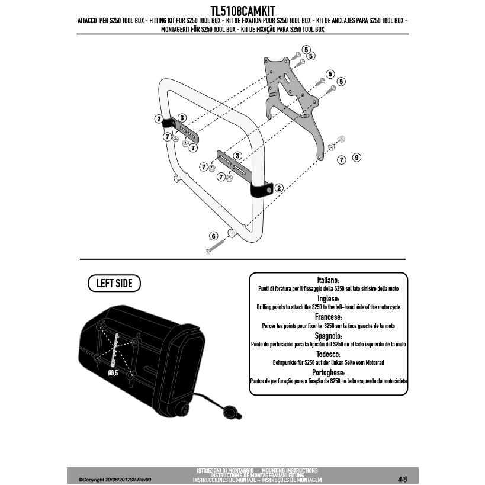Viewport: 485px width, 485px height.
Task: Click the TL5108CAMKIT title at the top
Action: [x=243, y=11]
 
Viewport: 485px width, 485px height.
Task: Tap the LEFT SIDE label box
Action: [x=114, y=284]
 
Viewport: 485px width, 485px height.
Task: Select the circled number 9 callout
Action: [x=356, y=158]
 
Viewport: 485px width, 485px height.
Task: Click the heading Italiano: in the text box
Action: [x=327, y=280]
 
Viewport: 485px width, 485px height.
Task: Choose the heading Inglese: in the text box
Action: [x=327, y=298]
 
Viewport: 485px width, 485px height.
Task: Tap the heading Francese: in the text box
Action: [x=327, y=317]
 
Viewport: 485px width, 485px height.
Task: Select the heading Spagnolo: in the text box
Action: [x=327, y=335]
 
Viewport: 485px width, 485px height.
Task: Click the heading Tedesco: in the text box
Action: [x=327, y=354]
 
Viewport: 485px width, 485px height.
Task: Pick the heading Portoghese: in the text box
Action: [x=327, y=372]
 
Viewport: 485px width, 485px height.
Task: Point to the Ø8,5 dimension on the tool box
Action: [x=114, y=373]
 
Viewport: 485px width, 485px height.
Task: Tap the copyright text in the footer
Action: [x=111, y=479]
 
